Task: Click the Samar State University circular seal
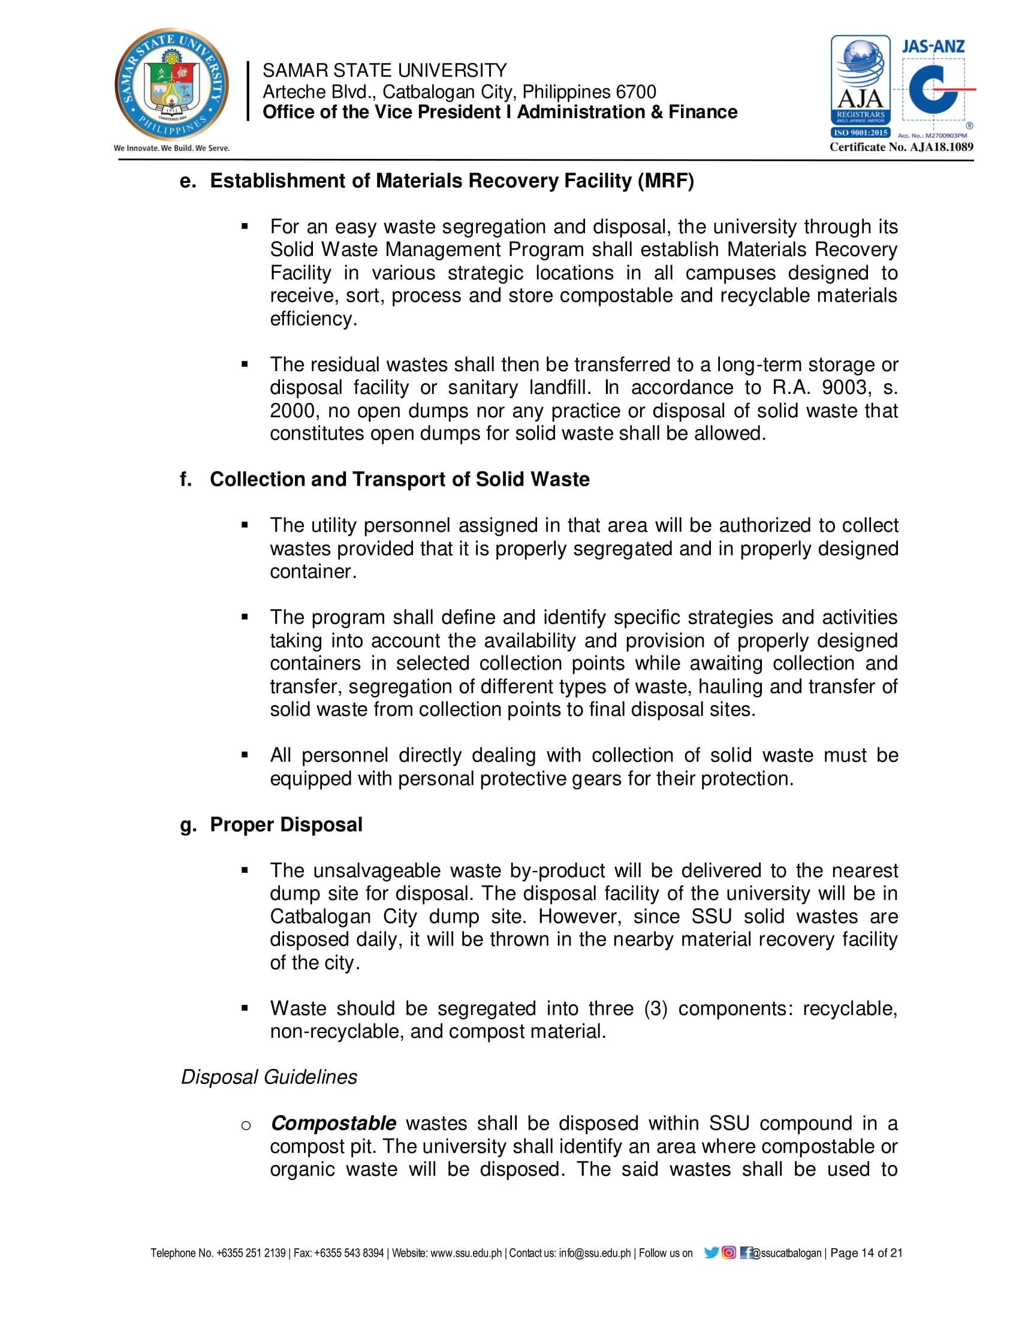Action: click(x=171, y=84)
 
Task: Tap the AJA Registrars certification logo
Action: click(x=860, y=86)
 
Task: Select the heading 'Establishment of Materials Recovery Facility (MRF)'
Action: click(x=451, y=180)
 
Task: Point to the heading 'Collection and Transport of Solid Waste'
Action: click(x=399, y=479)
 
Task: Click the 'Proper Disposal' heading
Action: click(x=285, y=824)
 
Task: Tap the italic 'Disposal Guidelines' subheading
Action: click(x=269, y=1077)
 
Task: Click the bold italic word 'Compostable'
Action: click(x=333, y=1124)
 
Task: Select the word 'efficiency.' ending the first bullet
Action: click(x=313, y=319)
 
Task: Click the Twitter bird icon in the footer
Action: click(x=711, y=1252)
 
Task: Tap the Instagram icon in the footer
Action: click(x=729, y=1252)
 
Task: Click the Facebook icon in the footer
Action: click(x=746, y=1252)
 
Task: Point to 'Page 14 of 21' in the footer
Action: click(x=866, y=1252)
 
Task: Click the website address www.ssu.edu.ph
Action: click(x=465, y=1253)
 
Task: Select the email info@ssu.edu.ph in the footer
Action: click(x=595, y=1253)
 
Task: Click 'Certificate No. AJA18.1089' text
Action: click(x=902, y=147)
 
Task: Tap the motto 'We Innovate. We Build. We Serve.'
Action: click(x=171, y=148)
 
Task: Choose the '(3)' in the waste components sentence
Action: click(x=656, y=1008)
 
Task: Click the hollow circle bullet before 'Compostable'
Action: click(x=246, y=1125)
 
